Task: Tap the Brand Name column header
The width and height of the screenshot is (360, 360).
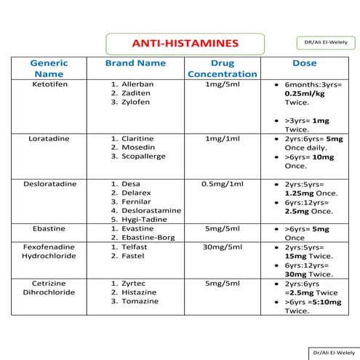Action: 135,63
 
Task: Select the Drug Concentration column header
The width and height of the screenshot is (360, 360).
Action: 222,68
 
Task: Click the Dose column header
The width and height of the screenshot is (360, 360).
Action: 304,63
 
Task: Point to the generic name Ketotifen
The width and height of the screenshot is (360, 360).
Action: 49,84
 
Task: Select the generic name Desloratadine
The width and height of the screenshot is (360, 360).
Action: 49,184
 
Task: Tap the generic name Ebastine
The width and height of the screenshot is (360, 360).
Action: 49,228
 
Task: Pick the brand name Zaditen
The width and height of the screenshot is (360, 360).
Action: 137,94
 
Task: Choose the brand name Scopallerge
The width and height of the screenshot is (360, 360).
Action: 143,156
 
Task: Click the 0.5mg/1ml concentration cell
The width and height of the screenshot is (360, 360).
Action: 222,184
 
